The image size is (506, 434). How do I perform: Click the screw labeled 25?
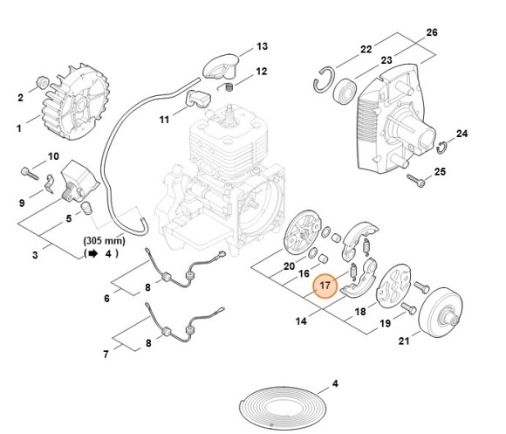(421, 182)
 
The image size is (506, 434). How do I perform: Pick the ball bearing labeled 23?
(345, 88)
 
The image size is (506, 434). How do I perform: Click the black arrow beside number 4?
(92, 253)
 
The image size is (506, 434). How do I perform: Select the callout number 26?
(431, 32)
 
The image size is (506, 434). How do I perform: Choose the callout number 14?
(301, 322)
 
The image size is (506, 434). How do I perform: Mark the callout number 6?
(106, 299)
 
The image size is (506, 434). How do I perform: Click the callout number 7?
(106, 355)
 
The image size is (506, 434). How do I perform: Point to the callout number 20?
(289, 265)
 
